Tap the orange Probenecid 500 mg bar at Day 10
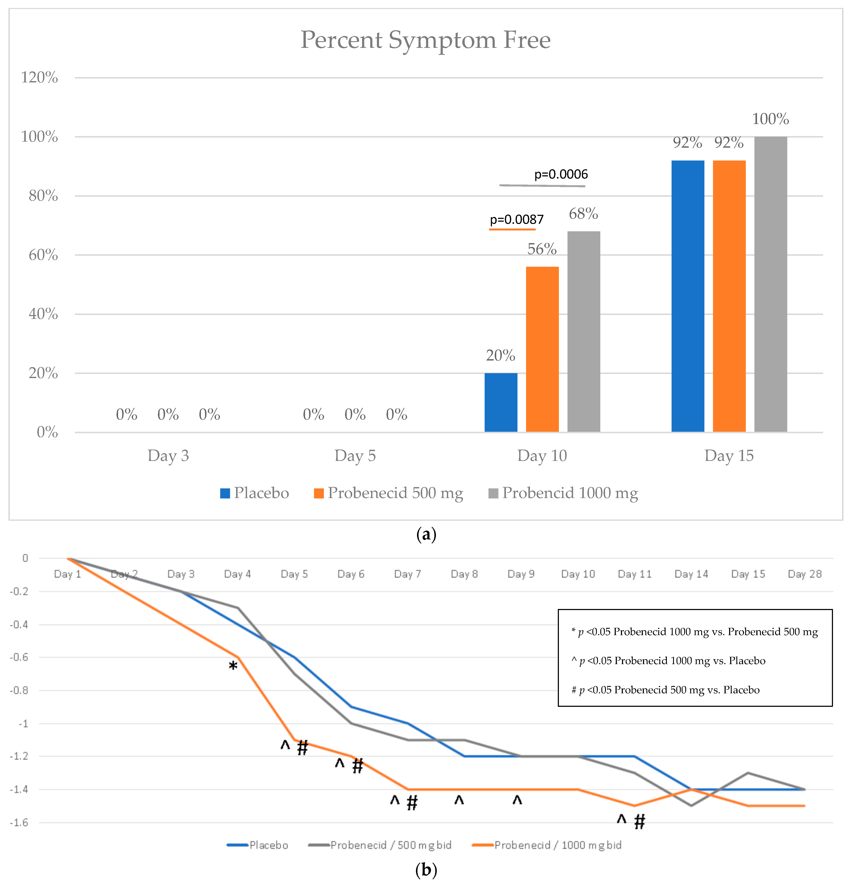(542, 349)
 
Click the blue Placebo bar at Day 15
(688, 296)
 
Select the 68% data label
(583, 214)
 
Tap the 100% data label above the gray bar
(770, 119)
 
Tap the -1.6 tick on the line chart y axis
(19, 822)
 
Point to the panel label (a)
(425, 534)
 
